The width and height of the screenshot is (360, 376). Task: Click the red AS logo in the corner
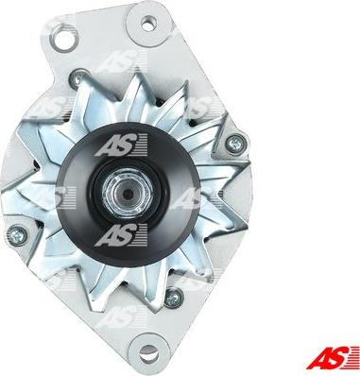coord(333,357)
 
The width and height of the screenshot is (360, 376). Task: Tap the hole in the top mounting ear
coord(148,24)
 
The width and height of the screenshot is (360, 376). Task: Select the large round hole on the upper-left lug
coord(64,38)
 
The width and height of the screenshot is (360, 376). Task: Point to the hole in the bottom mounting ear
coord(149,353)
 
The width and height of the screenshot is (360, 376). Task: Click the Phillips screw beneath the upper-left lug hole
coord(77,78)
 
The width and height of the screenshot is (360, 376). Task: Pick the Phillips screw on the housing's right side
coord(235,144)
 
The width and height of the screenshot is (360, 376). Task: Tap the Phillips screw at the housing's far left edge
coord(17,235)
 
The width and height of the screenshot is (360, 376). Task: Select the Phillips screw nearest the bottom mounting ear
coord(174,298)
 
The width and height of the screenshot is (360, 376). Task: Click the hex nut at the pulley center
coord(128,193)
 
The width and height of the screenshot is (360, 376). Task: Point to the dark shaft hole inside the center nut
coord(128,194)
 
